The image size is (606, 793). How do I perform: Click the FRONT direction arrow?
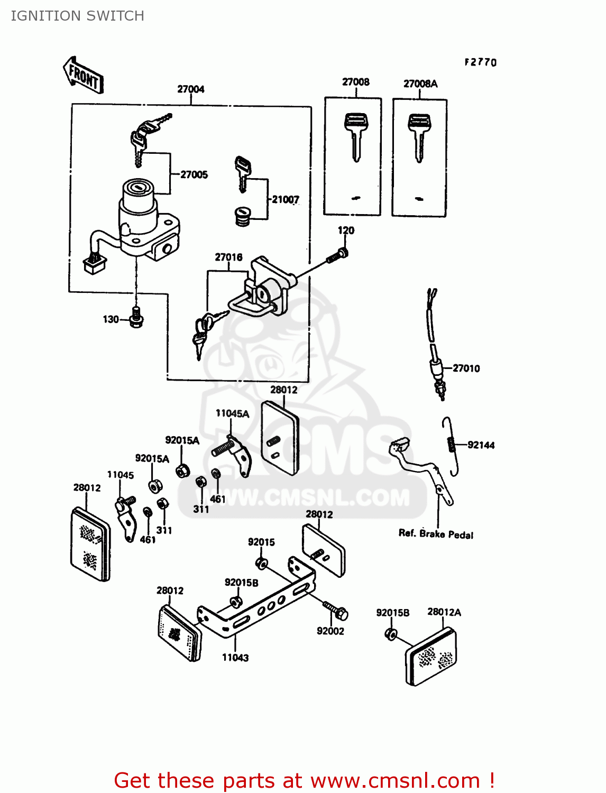point(83,75)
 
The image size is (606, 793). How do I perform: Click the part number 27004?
point(190,89)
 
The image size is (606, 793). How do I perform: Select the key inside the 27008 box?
point(355,135)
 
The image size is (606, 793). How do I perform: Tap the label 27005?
point(194,174)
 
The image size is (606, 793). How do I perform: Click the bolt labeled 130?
point(137,318)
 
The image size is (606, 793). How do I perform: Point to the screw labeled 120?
point(336,256)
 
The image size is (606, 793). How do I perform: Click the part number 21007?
point(286,199)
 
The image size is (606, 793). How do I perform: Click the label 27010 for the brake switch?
point(466,368)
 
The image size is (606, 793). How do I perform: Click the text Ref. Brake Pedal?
point(436,534)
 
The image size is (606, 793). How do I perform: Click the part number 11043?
point(235,658)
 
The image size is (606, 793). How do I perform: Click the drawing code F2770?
point(481,62)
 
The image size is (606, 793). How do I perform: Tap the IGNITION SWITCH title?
point(78,16)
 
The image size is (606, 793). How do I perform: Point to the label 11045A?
point(232,413)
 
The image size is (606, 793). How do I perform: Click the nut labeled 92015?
point(261,563)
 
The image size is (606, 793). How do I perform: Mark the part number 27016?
point(228,257)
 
